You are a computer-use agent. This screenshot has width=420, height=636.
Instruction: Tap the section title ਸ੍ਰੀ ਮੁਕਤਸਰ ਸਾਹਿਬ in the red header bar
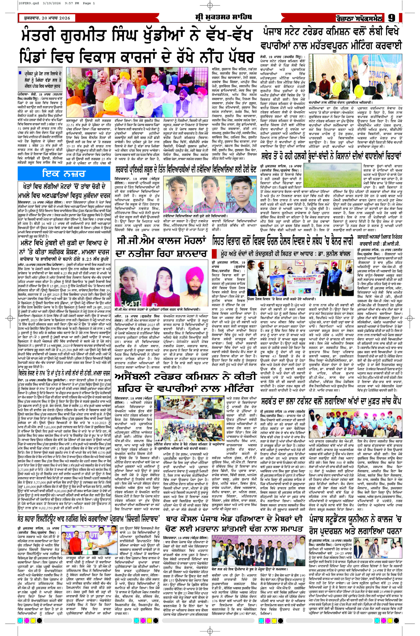[x=223, y=17]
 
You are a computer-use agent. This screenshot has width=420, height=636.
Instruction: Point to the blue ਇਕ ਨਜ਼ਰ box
[x=64, y=173]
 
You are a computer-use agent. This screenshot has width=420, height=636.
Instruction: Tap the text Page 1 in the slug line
[x=89, y=3]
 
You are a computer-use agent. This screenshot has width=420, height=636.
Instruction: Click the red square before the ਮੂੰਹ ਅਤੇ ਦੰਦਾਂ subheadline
[x=215, y=253]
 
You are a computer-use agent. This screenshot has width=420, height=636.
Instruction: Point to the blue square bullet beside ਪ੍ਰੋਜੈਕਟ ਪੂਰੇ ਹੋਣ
[x=20, y=73]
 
